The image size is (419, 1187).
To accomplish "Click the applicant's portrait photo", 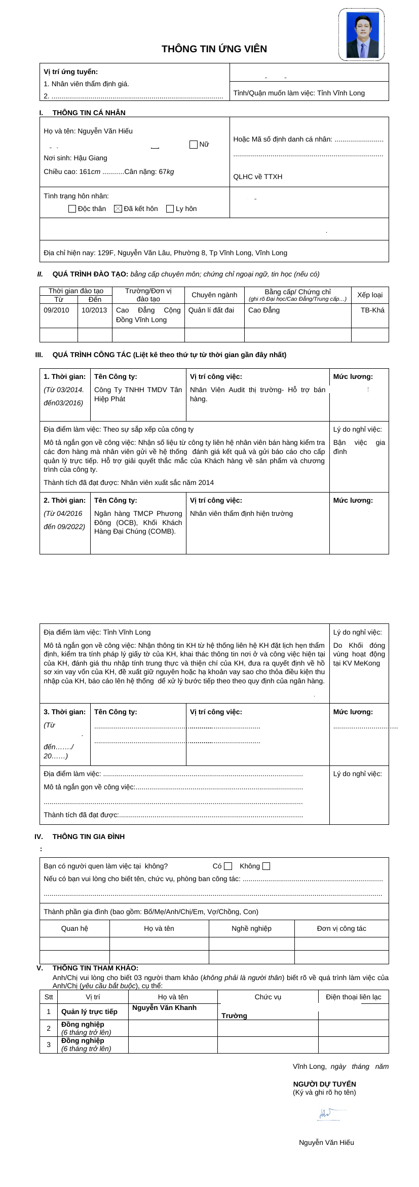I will point(362,34).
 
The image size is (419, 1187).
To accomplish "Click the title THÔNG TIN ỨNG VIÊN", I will point(214,49).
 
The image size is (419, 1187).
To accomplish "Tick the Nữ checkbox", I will point(193,145).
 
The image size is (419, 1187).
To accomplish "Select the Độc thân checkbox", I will point(72,208).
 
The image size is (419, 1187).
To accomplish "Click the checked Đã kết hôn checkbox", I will point(118,208).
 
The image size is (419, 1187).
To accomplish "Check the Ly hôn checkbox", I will point(170,208).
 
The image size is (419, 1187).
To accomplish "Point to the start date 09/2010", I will point(57,310).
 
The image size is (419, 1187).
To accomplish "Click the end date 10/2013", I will point(94,310).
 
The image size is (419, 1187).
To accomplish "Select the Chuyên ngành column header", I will point(214,295).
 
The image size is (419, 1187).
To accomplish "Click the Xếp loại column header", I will point(370,295).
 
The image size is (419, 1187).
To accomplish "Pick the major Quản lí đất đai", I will point(211,310).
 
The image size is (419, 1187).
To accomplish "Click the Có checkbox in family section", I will point(228,866).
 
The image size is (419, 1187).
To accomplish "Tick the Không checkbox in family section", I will point(266,866).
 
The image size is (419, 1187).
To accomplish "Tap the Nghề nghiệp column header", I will point(251,928).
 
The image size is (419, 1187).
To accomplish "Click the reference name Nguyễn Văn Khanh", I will point(164,1008).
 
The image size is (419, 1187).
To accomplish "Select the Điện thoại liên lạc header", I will point(353,997).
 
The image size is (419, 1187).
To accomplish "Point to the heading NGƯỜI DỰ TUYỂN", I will point(324,1084).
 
